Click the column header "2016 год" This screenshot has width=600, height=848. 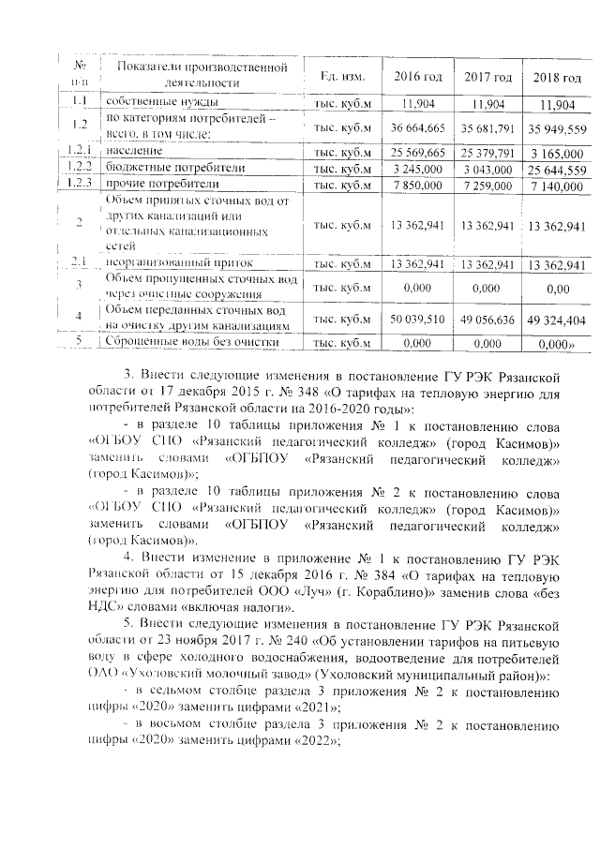tap(418, 75)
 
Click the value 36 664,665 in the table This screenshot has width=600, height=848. tap(418, 126)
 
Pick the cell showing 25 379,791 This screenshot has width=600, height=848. tap(488, 152)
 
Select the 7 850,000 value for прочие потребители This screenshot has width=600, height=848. tap(418, 185)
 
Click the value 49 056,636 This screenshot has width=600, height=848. tap(488, 319)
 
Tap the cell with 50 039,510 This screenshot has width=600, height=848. tap(418, 319)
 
